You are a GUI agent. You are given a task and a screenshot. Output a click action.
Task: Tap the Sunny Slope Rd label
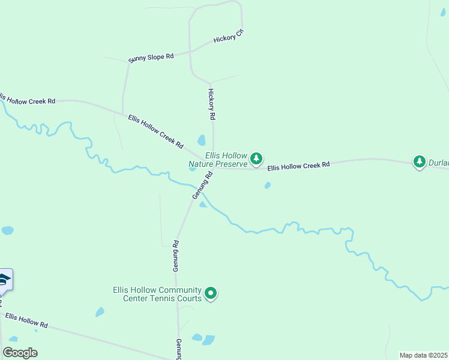tap(151, 58)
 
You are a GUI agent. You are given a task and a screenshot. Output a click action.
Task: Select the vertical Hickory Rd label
tap(211, 103)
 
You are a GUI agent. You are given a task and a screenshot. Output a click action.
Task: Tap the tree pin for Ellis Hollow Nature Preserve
tap(256, 159)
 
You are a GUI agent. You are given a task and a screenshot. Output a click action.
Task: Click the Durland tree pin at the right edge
tap(419, 161)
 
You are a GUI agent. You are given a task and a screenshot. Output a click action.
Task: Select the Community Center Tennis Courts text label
tap(157, 294)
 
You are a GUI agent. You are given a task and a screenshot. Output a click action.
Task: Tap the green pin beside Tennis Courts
tap(211, 293)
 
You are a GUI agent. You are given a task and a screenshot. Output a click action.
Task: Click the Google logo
tap(20, 353)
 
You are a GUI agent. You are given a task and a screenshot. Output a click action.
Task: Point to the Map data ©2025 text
tap(423, 355)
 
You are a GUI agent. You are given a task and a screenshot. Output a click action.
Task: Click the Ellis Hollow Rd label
tap(26, 320)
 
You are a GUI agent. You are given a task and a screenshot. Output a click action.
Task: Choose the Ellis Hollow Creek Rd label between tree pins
tap(298, 166)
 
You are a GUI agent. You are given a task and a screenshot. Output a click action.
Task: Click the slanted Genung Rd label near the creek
tap(203, 186)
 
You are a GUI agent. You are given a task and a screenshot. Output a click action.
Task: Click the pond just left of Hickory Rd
tap(202, 140)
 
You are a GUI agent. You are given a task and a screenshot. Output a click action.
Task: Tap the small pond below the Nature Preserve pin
tap(267, 185)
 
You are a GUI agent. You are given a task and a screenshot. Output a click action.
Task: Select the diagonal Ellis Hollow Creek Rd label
tap(155, 131)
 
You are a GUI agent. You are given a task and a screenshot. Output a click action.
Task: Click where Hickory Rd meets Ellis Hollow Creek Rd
tap(214, 167)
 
